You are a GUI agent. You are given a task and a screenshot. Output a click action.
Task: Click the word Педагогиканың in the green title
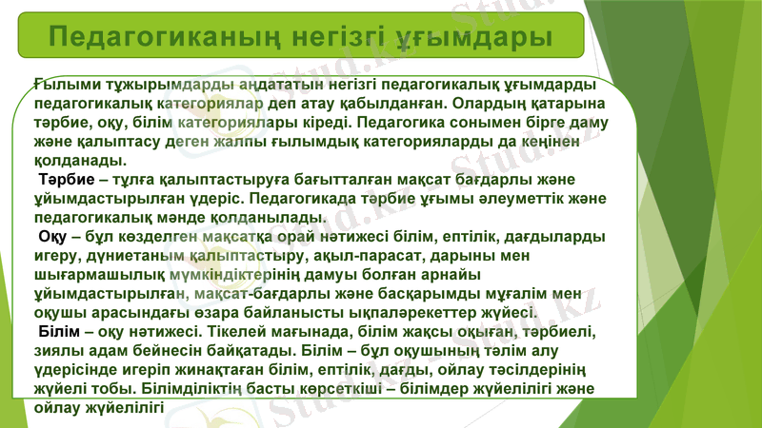tap(151, 37)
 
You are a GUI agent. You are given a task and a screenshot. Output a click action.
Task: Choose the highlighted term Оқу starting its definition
tap(53, 236)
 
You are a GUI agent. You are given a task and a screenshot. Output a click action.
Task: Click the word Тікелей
tap(228, 331)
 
